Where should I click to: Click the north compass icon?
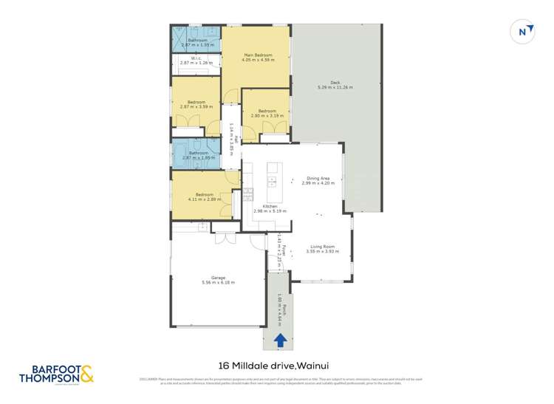coord(523,32)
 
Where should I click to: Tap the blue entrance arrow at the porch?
coord(280,340)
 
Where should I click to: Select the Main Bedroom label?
coord(259,57)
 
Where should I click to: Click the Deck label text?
coord(335,84)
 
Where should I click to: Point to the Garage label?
coord(218,280)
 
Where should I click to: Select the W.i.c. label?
coord(196,60)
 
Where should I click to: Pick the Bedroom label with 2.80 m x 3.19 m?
coord(267,113)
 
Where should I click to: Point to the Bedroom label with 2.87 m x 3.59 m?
coord(196,103)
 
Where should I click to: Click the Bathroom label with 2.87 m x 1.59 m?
coord(197,42)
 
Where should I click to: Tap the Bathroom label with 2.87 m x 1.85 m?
coord(197,155)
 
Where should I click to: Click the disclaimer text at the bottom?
coord(277,381)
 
